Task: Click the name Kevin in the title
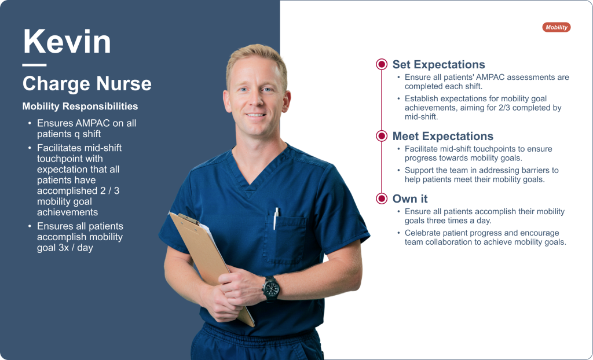(67, 42)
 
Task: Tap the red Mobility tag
(557, 27)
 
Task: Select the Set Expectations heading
(439, 64)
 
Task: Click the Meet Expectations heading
(443, 136)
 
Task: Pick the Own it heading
(410, 199)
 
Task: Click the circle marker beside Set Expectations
(382, 64)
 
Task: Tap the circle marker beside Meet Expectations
(382, 136)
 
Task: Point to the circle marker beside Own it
(382, 198)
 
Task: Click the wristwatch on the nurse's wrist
(271, 289)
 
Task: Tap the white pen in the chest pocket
(276, 218)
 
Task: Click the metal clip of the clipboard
(188, 218)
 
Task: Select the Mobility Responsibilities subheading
(80, 106)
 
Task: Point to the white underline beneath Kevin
(34, 65)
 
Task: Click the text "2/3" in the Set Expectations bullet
(500, 108)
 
